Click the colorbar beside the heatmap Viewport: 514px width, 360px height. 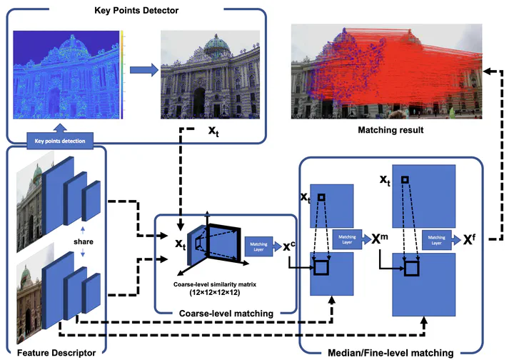tap(122, 74)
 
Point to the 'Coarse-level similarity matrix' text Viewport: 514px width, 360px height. tap(214, 284)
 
